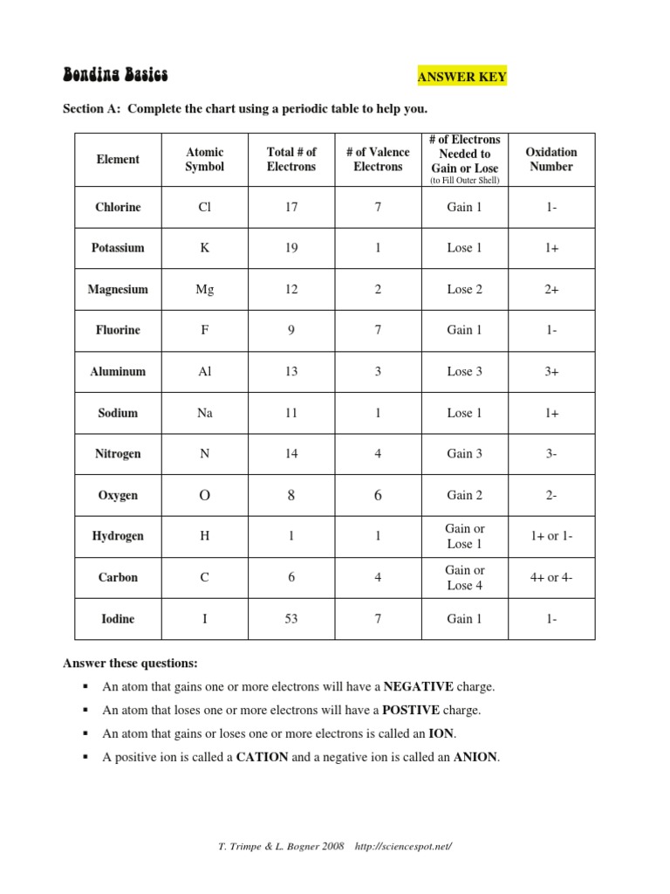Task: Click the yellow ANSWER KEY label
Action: pos(462,77)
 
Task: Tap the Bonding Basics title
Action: pos(115,75)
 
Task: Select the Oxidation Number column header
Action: pos(550,159)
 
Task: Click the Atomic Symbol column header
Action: pos(204,159)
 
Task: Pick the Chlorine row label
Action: pos(118,207)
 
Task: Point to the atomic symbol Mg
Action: pos(204,289)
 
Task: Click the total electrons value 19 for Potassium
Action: pos(291,248)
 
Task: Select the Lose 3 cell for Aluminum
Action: pos(464,371)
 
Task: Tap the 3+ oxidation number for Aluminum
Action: pos(551,371)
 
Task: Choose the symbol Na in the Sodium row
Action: pos(204,413)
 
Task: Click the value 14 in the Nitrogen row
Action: pos(291,454)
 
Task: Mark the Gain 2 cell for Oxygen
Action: pos(464,495)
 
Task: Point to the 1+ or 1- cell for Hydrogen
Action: pos(551,536)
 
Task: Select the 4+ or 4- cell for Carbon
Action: pos(551,578)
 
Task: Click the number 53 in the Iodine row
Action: pos(291,619)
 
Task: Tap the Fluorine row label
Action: pos(118,330)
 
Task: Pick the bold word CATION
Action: pos(262,757)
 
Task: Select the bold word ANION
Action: pos(475,757)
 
